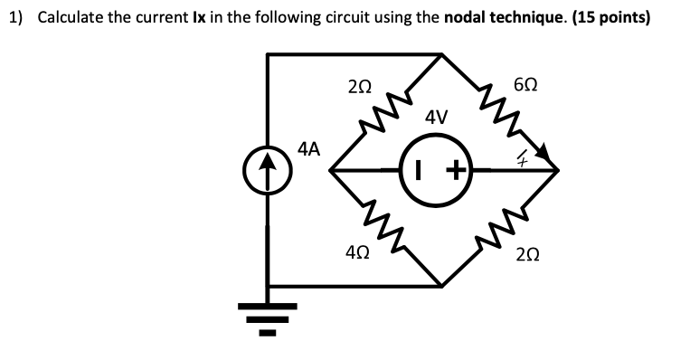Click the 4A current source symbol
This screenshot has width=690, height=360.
pos(267,170)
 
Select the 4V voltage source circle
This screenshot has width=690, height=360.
pos(440,169)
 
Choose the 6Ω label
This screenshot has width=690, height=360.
pos(525,87)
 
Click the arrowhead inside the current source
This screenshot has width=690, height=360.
pos(267,162)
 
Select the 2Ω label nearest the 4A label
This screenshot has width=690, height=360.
pos(358,87)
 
